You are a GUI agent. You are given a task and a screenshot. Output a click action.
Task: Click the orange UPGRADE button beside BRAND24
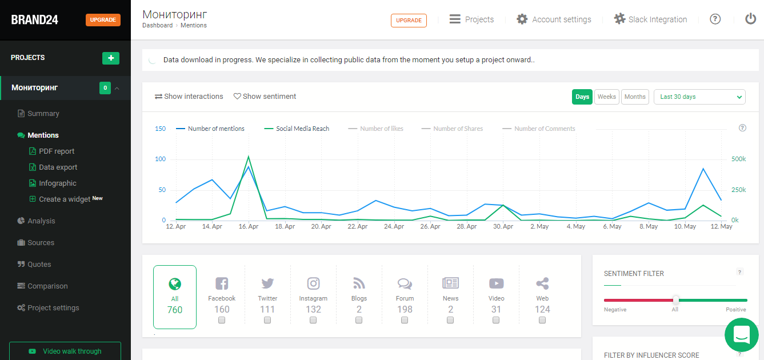(103, 20)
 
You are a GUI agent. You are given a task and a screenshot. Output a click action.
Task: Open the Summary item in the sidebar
(43, 114)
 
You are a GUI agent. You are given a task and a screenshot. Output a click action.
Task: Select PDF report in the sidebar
(57, 151)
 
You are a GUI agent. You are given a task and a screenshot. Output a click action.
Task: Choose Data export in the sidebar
(58, 167)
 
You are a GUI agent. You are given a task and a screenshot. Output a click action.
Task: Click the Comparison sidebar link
(47, 286)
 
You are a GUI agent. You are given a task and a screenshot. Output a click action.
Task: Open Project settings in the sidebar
(53, 308)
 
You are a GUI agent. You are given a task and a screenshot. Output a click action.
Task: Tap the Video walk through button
(65, 351)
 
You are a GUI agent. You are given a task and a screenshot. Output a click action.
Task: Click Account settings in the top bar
(554, 19)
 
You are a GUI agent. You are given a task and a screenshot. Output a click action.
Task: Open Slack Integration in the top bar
(650, 19)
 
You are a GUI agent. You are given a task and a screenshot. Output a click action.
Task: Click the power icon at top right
(750, 19)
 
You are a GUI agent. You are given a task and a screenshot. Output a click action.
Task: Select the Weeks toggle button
(606, 97)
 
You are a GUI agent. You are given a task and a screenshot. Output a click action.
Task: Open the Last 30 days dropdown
(699, 97)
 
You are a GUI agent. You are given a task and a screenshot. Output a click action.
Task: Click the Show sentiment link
(265, 97)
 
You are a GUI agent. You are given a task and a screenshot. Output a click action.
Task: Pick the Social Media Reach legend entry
(302, 129)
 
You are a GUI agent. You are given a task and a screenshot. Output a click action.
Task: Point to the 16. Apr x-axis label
(249, 227)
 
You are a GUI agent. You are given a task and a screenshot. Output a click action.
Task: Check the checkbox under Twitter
(267, 321)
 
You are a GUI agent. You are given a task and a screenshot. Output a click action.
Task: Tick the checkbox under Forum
(405, 321)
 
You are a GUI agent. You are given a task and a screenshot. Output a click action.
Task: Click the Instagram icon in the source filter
(313, 283)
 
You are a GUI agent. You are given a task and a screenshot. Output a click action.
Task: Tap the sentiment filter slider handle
(675, 300)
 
